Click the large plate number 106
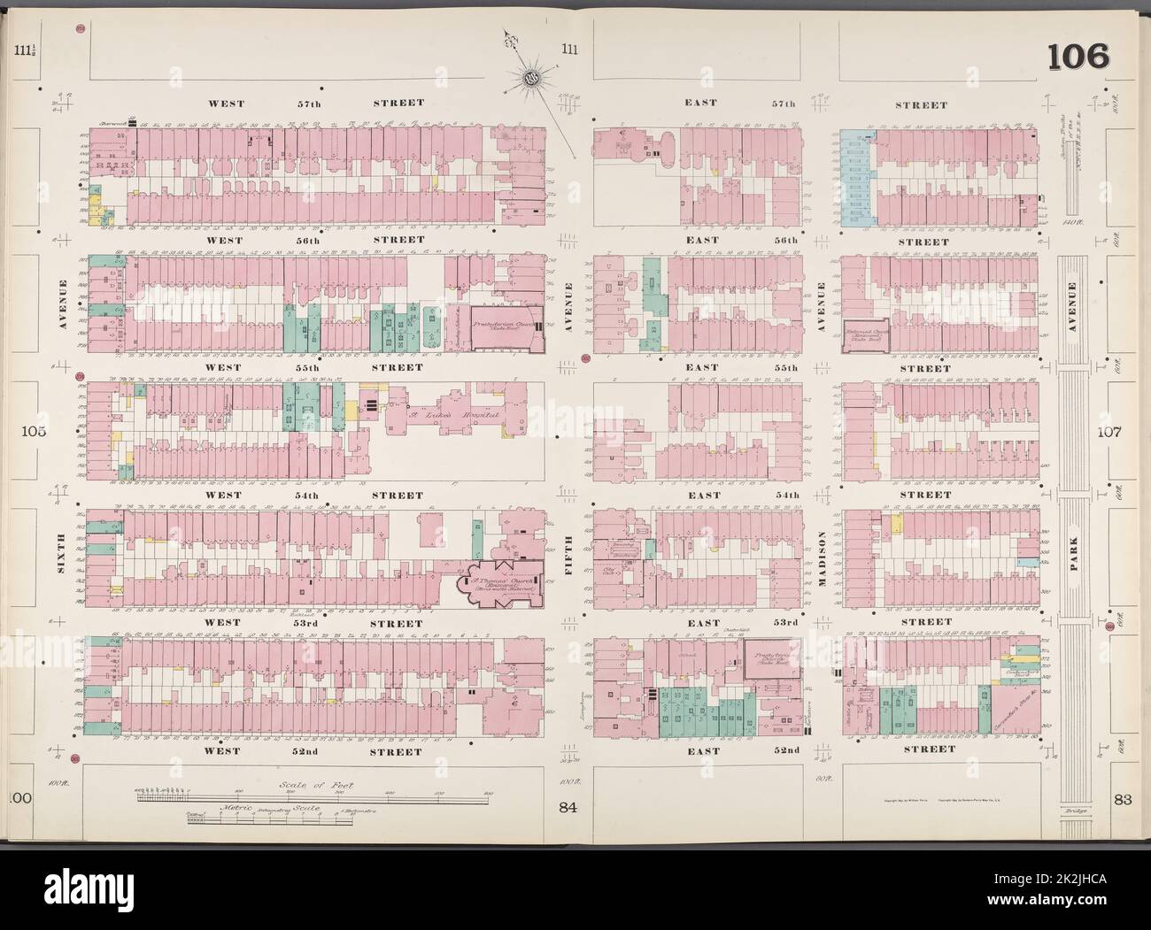pos(1078,58)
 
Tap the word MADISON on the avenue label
pos(823,560)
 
